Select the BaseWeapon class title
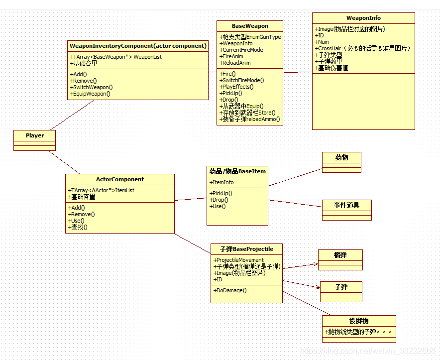(250, 26)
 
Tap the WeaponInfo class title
(363, 18)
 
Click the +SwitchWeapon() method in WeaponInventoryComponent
(91, 87)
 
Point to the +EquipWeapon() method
(90, 94)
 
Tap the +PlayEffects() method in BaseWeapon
(236, 87)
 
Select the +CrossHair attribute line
(363, 48)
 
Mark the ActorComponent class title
(120, 179)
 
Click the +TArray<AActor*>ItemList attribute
(102, 190)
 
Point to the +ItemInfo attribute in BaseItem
(222, 182)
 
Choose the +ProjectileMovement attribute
(239, 260)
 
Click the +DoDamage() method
(230, 290)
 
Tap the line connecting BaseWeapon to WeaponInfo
(298, 72)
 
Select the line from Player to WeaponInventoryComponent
(72, 115)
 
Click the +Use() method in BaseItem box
(218, 206)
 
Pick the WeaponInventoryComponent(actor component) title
(138, 46)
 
